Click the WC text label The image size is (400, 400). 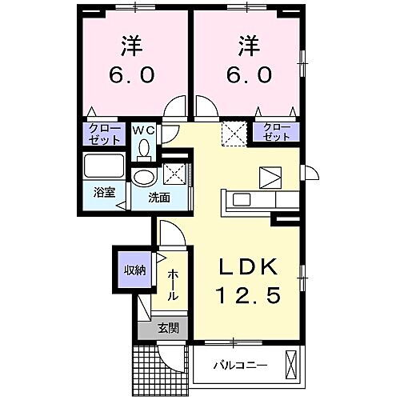pos(144,129)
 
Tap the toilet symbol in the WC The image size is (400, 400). pos(145,148)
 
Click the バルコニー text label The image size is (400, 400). pos(239,366)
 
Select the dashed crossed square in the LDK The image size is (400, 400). pos(233,132)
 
